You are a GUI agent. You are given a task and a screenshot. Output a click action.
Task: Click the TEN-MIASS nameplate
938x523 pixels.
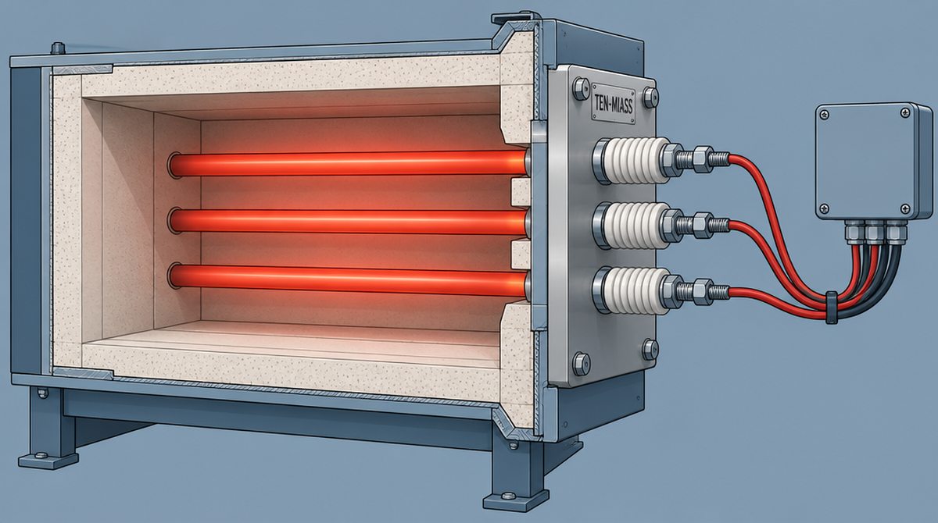[x=614, y=104]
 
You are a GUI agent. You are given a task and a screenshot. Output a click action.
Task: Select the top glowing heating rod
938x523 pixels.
[x=348, y=164]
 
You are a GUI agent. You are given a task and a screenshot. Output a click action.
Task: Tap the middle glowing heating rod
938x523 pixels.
[x=348, y=222]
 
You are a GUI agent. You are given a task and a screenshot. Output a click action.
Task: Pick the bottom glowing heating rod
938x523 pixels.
[x=348, y=280]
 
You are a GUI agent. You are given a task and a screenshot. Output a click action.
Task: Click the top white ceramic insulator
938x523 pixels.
[x=633, y=160]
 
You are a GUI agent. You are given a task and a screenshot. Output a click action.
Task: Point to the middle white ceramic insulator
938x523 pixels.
[x=633, y=225]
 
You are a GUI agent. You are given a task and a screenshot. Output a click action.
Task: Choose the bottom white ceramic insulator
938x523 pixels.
[x=633, y=290]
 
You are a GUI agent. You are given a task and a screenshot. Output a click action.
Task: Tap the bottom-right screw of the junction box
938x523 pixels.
[x=905, y=208]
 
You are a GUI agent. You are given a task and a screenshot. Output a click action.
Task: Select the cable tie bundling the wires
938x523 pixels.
[x=831, y=308]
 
